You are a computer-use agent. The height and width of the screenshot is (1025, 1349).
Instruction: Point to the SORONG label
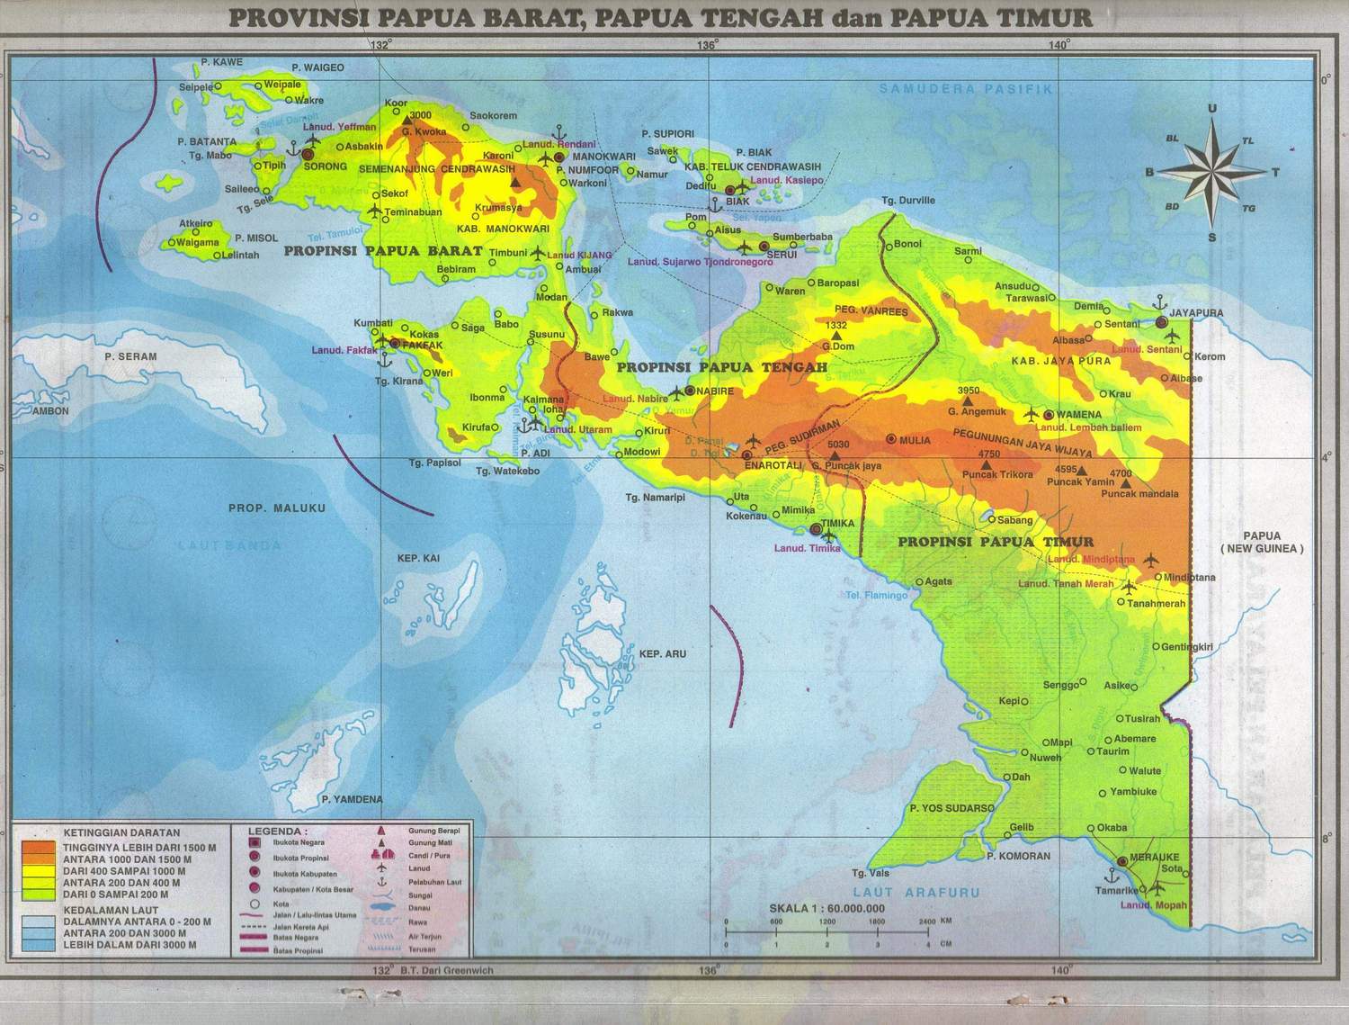click(x=326, y=166)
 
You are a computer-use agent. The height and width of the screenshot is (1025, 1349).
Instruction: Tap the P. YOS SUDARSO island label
click(x=951, y=808)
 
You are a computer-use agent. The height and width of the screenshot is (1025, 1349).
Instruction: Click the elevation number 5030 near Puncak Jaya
click(x=837, y=445)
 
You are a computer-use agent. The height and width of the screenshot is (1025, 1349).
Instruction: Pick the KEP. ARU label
click(x=662, y=653)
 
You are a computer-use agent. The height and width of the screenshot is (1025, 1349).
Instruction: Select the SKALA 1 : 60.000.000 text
click(x=826, y=908)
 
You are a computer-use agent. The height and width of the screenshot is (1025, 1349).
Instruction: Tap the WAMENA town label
click(x=1078, y=414)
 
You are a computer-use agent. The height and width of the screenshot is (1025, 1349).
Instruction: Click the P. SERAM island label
click(x=130, y=356)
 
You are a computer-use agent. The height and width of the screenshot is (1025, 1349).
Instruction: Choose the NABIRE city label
click(x=716, y=391)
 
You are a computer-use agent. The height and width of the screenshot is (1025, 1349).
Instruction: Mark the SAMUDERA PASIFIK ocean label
click(x=965, y=89)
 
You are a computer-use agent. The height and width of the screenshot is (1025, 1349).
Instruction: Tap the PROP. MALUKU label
click(x=276, y=508)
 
